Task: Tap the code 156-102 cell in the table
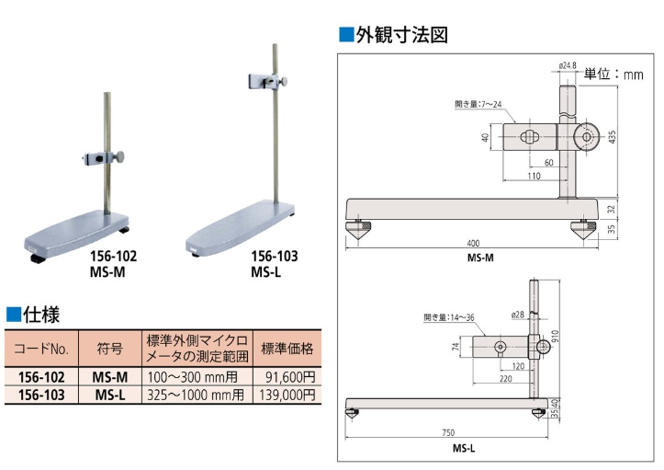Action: coord(39,376)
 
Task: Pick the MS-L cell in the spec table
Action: coord(109,395)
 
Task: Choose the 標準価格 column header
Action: coord(287,349)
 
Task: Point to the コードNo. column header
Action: coord(39,349)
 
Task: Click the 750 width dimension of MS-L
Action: coord(447,432)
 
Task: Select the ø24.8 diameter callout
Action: coord(568,65)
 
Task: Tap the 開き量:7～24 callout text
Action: coord(481,104)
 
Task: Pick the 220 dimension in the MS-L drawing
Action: coord(503,377)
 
